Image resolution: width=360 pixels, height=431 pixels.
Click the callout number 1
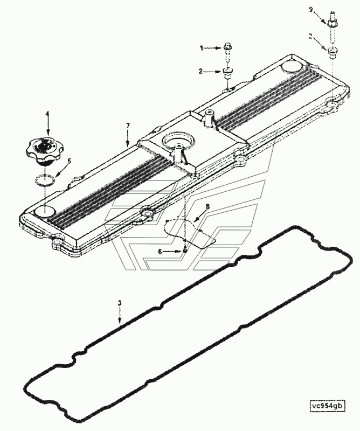202,48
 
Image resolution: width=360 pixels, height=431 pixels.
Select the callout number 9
311,10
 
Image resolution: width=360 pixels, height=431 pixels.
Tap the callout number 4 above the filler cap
47,113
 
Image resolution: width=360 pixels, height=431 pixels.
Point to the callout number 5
70,161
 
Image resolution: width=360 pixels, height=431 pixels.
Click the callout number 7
128,126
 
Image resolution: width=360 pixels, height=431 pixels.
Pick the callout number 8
207,206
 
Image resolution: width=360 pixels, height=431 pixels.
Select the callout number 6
160,251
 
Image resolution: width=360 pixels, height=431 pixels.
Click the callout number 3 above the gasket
119,303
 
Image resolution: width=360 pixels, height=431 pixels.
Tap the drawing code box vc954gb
327,406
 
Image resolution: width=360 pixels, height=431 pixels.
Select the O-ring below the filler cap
45,180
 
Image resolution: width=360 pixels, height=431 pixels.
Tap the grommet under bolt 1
227,73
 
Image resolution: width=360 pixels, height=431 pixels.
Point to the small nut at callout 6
185,251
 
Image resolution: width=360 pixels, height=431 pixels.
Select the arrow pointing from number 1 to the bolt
212,48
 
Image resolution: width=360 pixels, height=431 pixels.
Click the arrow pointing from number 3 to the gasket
120,315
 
